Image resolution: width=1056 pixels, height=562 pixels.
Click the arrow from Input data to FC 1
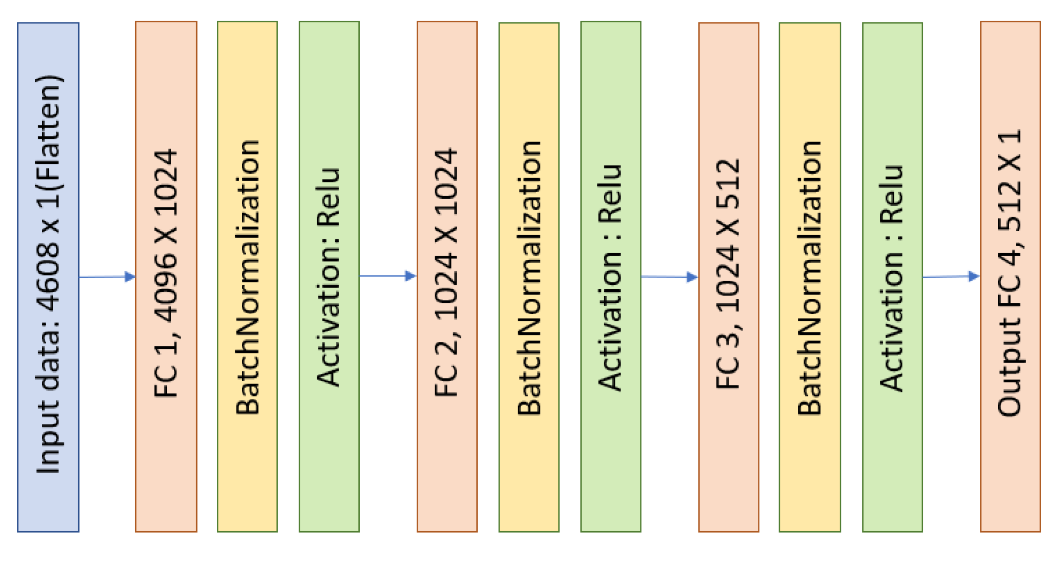(107, 276)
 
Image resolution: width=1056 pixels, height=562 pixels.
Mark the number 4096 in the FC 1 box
(166, 288)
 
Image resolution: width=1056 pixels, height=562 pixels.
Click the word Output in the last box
(1009, 367)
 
